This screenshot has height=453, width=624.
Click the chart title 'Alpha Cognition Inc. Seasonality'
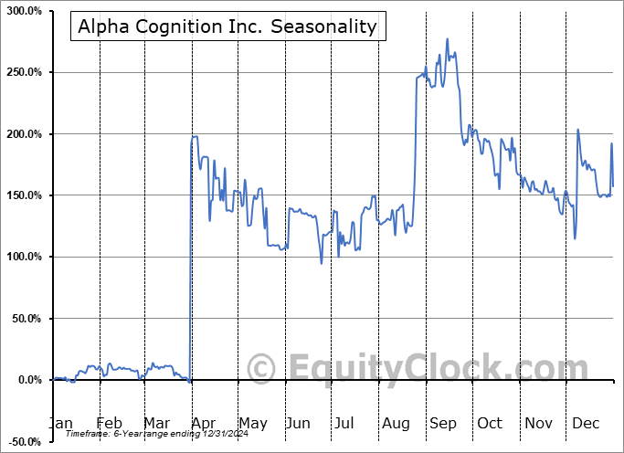click(x=227, y=26)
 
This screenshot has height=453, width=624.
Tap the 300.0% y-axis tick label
click(x=22, y=11)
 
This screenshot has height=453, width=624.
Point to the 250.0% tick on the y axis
click(x=22, y=72)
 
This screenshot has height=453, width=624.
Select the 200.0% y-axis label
click(x=22, y=134)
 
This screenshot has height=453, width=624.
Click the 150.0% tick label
click(x=22, y=195)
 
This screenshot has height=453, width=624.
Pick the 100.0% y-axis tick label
click(x=22, y=257)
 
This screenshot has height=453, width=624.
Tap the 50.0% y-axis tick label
click(x=25, y=319)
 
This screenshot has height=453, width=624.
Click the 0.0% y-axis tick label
click(x=27, y=380)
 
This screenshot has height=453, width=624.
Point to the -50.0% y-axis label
click(x=23, y=441)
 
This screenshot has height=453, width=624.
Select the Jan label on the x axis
click(x=60, y=423)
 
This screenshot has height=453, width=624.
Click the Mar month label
click(x=156, y=423)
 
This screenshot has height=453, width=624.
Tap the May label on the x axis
click(x=252, y=423)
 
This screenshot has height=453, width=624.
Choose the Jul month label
click(x=344, y=423)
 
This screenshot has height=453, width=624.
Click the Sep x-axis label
click(x=443, y=423)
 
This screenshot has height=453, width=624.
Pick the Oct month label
click(x=490, y=423)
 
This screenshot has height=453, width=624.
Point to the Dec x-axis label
click(x=585, y=423)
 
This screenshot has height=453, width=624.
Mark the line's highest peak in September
click(x=447, y=39)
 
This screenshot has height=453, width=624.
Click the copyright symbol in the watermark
click(x=262, y=367)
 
